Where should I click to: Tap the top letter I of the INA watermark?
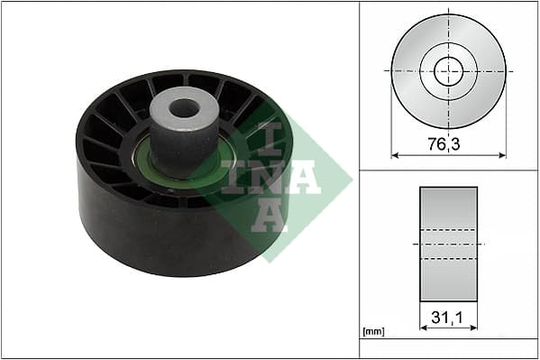(270, 137)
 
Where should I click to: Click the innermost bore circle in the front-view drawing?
(448, 70)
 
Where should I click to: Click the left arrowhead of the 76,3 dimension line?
(395, 155)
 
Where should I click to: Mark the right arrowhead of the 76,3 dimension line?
(502, 155)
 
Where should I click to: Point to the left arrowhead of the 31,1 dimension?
(423, 328)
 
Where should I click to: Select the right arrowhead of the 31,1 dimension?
(473, 328)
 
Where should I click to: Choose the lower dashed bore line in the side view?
(448, 259)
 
